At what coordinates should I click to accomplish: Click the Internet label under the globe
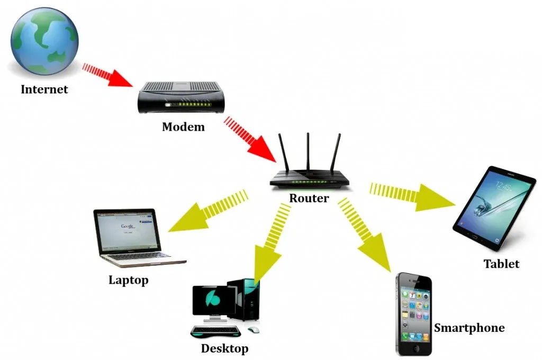coord(44,89)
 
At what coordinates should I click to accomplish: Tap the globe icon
coord(44,41)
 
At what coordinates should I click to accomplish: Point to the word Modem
coord(183,127)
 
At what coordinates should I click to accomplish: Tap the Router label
coord(309,199)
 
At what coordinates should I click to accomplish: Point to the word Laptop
coord(128,280)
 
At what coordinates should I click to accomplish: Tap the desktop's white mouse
coord(254,330)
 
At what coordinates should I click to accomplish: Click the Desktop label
coord(224,348)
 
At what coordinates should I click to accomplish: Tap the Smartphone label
coord(469,328)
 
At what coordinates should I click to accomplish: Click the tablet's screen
coord(495,206)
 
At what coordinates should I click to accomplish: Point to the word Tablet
coord(501,264)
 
